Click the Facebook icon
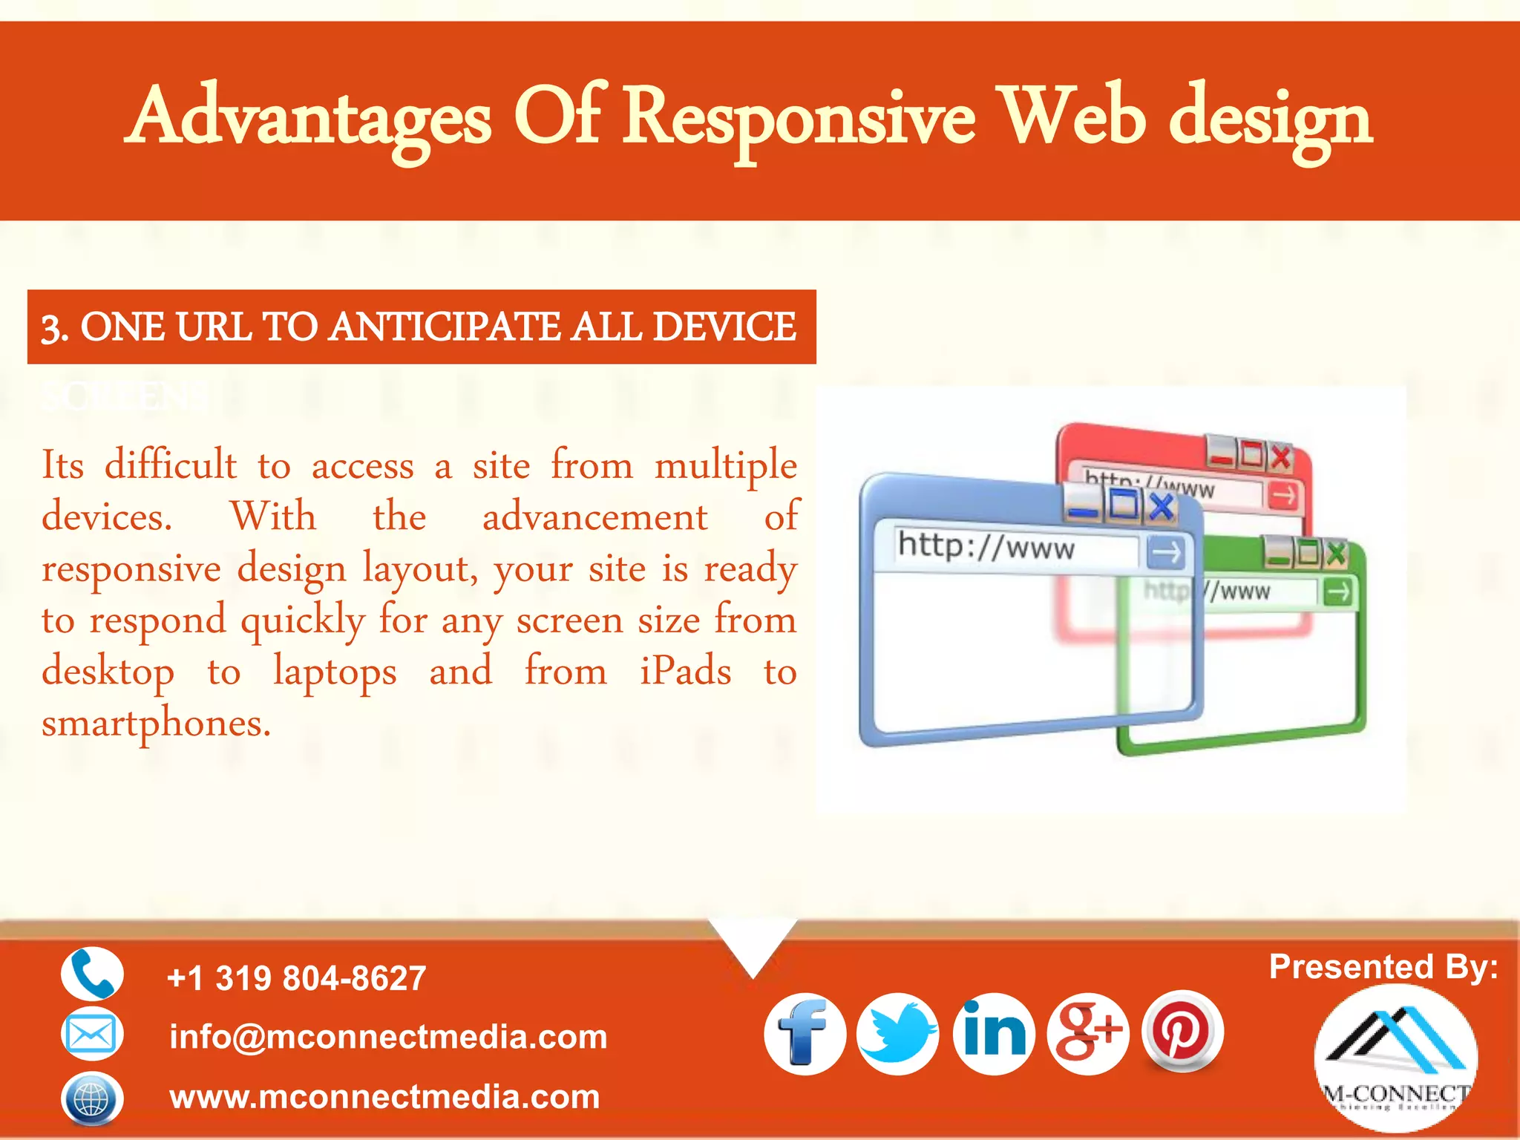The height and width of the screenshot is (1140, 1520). (x=805, y=1034)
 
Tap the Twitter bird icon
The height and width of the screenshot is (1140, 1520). (x=897, y=1034)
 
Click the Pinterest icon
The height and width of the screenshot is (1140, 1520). (x=1182, y=1031)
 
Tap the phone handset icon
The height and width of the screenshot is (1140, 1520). (x=92, y=974)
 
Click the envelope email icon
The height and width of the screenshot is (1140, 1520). (x=91, y=1034)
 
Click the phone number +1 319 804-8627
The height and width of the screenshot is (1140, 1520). (x=297, y=978)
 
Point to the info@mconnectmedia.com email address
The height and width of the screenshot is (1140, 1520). (x=388, y=1037)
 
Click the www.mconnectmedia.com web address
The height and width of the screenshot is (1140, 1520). (x=384, y=1097)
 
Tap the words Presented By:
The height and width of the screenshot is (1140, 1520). (x=1383, y=967)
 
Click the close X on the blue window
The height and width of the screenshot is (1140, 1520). (x=1162, y=506)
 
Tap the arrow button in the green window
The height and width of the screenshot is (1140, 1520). (x=1338, y=592)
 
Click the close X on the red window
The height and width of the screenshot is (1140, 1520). (x=1281, y=456)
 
